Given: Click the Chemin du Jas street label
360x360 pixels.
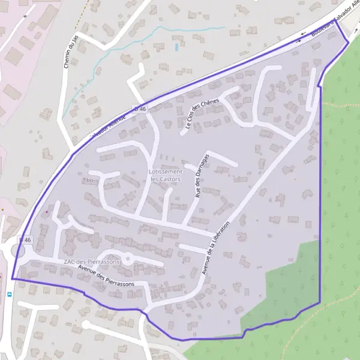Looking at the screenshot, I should [68, 52].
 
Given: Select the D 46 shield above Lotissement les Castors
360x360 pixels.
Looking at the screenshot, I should [140, 108].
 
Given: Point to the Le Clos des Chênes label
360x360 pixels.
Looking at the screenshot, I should [202, 114].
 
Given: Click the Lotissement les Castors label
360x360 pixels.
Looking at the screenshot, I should [165, 175].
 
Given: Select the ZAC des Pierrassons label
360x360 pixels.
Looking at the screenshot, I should [92, 262].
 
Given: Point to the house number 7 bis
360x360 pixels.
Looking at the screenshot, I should [89, 180].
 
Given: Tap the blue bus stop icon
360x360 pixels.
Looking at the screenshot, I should [9, 294].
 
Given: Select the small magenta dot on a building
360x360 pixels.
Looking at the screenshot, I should [47, 211].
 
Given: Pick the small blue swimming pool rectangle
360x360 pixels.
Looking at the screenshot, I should [176, 46].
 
